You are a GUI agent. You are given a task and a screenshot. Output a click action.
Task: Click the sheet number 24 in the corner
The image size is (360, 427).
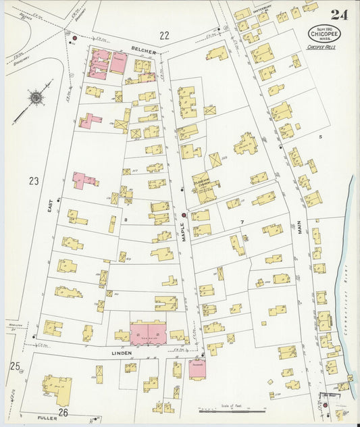point(339,15)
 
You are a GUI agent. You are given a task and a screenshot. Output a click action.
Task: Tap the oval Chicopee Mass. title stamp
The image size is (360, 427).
point(325,33)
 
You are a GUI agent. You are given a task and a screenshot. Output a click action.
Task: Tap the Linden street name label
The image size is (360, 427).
point(123,353)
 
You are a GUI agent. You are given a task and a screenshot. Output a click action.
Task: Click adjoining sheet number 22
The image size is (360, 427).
point(164,36)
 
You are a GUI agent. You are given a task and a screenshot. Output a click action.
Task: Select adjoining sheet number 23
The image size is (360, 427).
point(34,180)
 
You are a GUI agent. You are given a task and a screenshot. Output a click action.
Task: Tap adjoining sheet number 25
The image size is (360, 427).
point(14,366)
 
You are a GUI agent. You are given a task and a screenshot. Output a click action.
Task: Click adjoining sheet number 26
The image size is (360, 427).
point(63,412)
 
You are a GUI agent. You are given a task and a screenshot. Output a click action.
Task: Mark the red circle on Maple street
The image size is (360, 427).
point(184,215)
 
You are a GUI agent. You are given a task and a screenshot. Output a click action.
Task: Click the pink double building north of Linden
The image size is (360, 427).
point(148,332)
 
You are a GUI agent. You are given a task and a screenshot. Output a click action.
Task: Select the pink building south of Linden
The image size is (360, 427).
point(198,368)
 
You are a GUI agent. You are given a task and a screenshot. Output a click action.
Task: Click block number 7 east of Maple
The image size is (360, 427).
point(240,222)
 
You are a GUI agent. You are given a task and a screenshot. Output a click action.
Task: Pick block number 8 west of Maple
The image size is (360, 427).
point(126,220)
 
